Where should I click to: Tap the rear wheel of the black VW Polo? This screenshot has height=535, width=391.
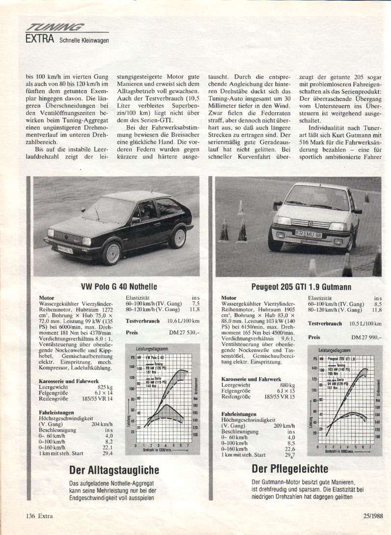point(177,238)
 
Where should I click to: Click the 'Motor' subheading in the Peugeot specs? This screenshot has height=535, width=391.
point(228,298)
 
